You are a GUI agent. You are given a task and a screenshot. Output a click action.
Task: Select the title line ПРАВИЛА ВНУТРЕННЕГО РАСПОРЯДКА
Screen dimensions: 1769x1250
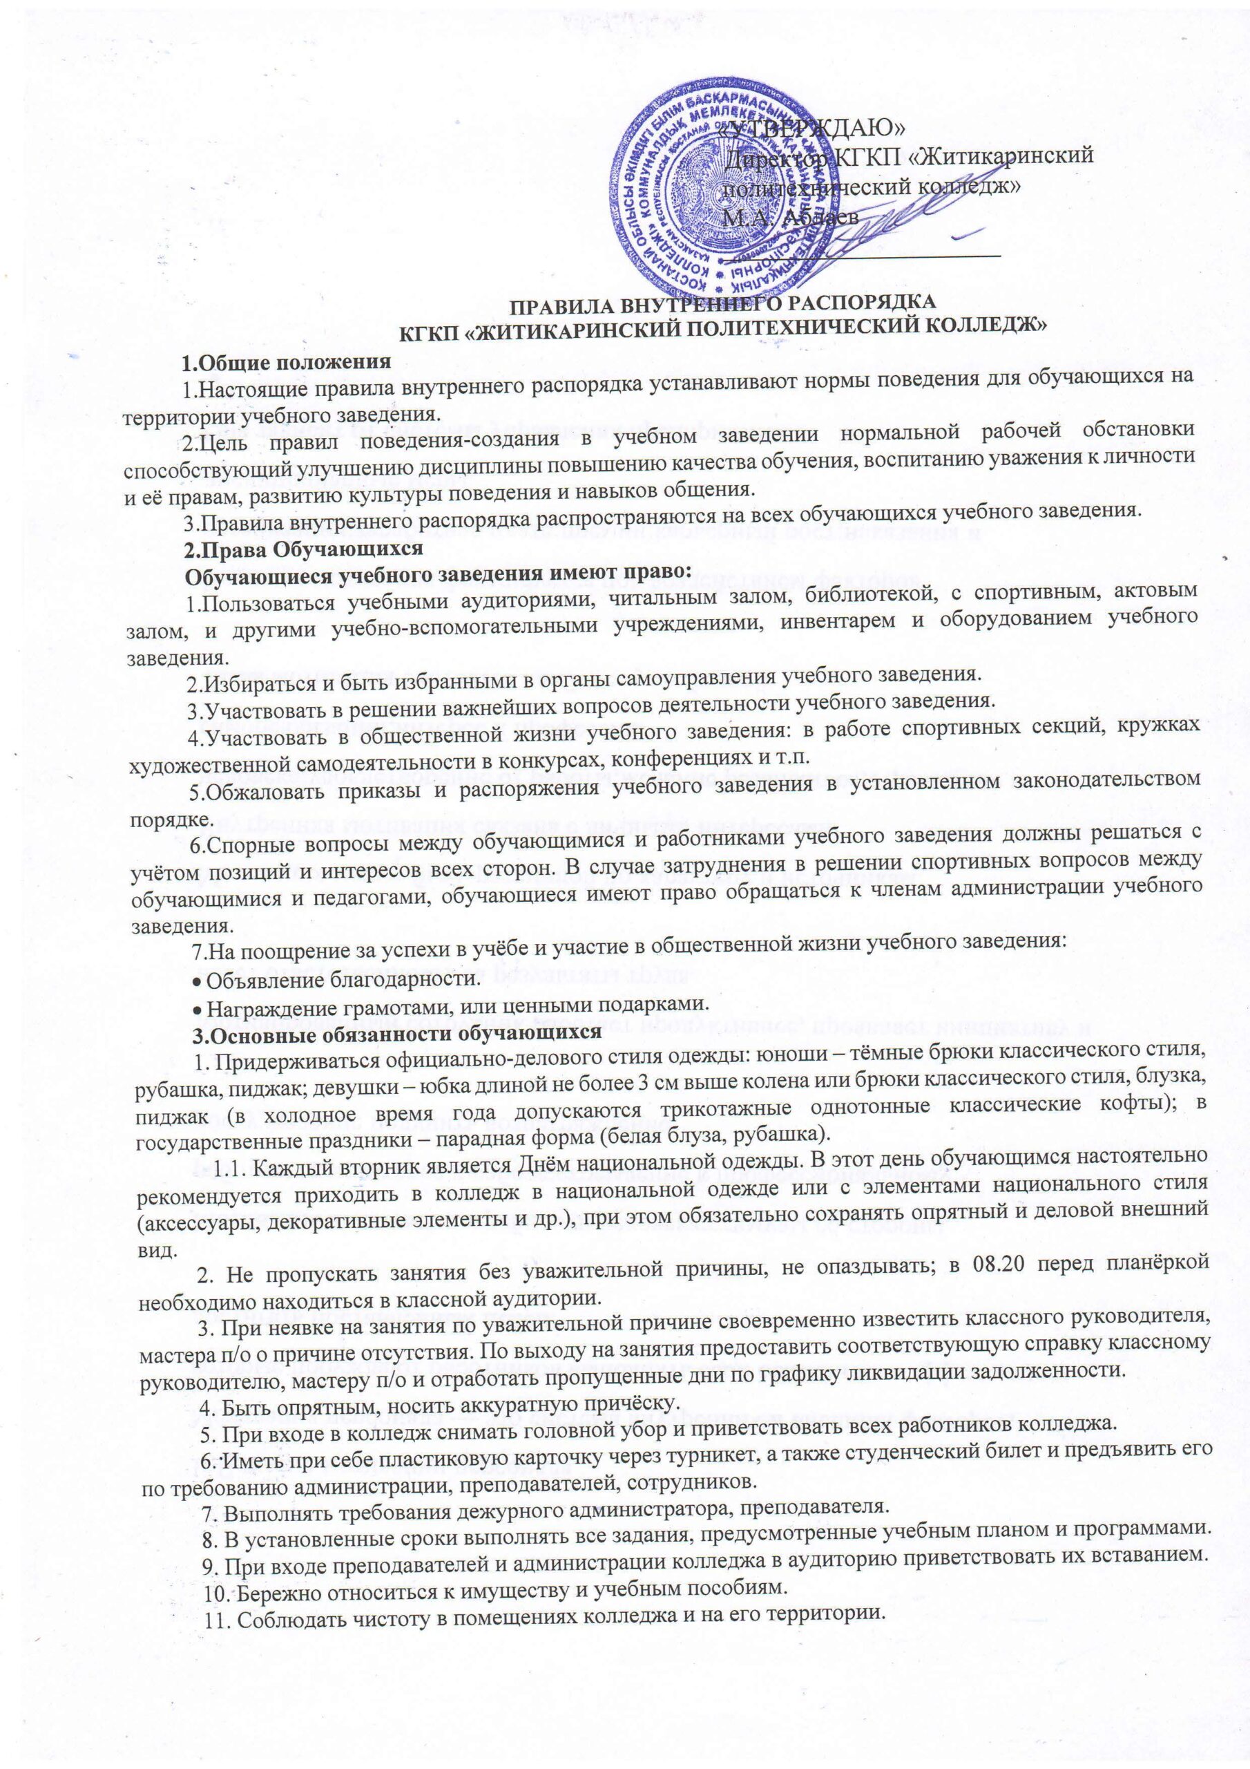[x=723, y=303]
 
